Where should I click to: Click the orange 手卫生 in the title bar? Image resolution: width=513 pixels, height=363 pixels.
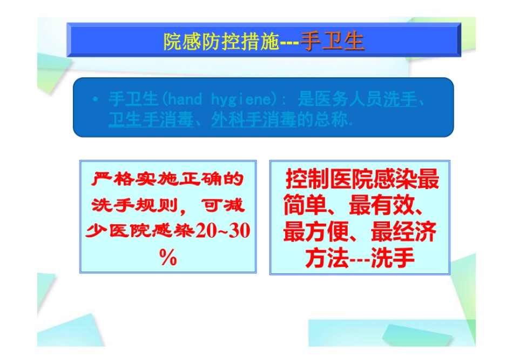coord(332,42)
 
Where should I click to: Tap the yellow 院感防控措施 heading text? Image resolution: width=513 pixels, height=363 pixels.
coord(221,42)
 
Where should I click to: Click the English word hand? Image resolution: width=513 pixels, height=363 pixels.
coord(185,99)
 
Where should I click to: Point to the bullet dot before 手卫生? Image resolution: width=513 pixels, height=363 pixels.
coord(95,99)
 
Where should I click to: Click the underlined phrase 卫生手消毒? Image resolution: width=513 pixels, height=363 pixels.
coord(151,119)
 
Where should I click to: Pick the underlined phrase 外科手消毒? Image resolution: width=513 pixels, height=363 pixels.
coord(254,119)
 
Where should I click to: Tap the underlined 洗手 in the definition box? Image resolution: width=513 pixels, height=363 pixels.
coord(400,99)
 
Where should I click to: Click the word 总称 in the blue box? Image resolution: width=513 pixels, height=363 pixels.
coord(330,119)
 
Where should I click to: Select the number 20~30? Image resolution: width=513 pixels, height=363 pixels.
coord(223,231)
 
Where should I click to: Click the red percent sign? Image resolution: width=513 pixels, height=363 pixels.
coord(168,257)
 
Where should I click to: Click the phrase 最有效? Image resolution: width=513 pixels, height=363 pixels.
coord(381,205)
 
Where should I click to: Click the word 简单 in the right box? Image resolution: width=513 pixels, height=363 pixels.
coord(305,205)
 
